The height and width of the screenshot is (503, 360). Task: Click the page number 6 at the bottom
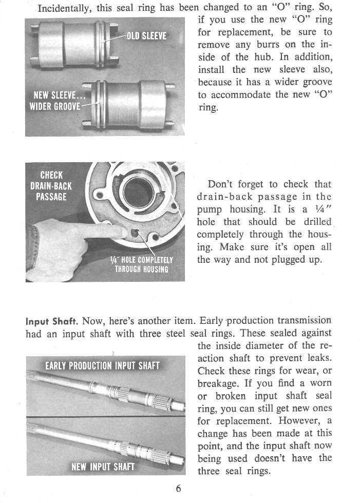(x=178, y=488)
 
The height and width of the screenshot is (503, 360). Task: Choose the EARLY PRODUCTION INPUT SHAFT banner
(x=102, y=365)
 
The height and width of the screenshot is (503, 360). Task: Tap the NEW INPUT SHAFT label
(x=103, y=467)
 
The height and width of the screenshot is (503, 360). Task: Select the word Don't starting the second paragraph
(x=222, y=185)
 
